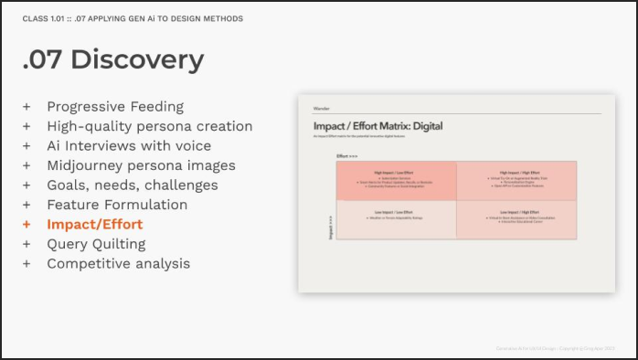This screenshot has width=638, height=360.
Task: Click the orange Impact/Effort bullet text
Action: pyautogui.click(x=95, y=224)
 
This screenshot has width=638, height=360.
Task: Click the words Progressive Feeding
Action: pyautogui.click(x=115, y=106)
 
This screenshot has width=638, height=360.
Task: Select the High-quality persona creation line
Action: pyautogui.click(x=150, y=126)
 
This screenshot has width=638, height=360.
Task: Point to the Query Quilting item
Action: pyautogui.click(x=96, y=244)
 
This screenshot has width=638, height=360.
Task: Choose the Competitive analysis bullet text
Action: pyautogui.click(x=119, y=263)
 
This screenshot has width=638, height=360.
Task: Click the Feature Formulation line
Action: pyautogui.click(x=117, y=205)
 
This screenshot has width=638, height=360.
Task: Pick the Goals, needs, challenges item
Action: pyautogui.click(x=133, y=185)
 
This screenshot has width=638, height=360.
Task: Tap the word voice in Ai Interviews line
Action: pyautogui.click(x=191, y=145)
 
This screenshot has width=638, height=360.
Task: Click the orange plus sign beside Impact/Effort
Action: pyautogui.click(x=27, y=224)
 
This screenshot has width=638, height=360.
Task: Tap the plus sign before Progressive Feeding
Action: pyautogui.click(x=27, y=106)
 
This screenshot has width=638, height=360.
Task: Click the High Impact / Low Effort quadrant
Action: pyautogui.click(x=397, y=181)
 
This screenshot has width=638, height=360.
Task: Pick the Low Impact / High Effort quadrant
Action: pyautogui.click(x=516, y=219)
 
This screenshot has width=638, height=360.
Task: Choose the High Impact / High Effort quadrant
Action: pyautogui.click(x=516, y=181)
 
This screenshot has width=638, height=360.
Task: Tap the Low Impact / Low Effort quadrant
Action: pyautogui.click(x=397, y=219)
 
